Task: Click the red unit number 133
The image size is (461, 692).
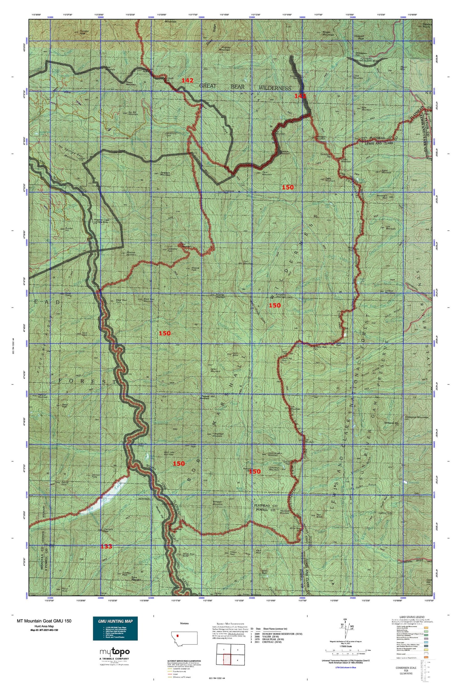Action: [x=106, y=546]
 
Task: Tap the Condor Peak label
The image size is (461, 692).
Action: [x=82, y=32]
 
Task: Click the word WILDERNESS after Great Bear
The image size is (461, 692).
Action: [x=275, y=88]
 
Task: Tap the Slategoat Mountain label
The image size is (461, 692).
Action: [x=416, y=417]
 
